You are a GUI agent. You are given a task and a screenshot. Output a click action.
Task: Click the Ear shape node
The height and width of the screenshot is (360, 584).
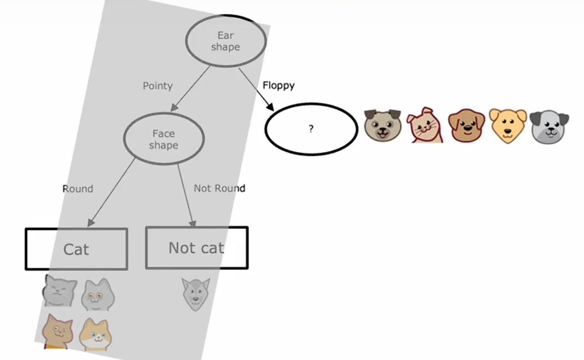coord(226,42)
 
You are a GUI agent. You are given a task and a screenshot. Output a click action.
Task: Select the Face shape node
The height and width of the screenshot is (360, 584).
coord(163,139)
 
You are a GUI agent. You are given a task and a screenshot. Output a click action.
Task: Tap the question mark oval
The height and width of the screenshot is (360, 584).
coord(311,129)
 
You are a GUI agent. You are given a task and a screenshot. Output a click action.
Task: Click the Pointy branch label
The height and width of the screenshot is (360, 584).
coord(158,86)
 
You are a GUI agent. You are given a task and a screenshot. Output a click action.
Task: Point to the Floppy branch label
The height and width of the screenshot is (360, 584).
coord(279,85)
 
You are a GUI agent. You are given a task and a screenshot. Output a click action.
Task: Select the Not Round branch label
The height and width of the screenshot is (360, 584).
coord(219,188)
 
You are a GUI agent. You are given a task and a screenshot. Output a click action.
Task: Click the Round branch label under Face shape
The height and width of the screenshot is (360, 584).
coord(78,189)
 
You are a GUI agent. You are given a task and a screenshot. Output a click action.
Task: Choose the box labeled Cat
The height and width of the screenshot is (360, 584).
coord(76,249)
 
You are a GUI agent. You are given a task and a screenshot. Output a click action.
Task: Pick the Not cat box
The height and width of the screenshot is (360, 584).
coord(196,248)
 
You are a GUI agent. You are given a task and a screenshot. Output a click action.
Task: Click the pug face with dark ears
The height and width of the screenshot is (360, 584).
coord(383,126)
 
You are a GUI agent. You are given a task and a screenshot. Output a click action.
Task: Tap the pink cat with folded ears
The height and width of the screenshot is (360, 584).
coord(425,126)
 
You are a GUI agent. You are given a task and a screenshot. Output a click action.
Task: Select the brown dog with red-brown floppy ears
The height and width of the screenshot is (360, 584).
coord(466,126)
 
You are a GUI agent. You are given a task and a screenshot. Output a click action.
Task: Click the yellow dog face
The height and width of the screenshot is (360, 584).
coord(507,126)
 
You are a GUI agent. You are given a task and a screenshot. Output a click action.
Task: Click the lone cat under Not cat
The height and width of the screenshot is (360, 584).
coord(195,294)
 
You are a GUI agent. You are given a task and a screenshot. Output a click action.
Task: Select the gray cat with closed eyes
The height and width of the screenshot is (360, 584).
coord(60,291)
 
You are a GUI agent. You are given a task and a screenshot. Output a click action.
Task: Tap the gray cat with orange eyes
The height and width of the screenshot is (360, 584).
coord(98,295)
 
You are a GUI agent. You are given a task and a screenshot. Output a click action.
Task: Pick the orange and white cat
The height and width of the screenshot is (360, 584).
coord(95,335)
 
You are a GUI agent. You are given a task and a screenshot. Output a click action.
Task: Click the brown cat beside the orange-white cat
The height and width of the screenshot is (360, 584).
coord(57,331)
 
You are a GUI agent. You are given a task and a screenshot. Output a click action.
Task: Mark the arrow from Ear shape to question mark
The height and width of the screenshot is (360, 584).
coord(256,88)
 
